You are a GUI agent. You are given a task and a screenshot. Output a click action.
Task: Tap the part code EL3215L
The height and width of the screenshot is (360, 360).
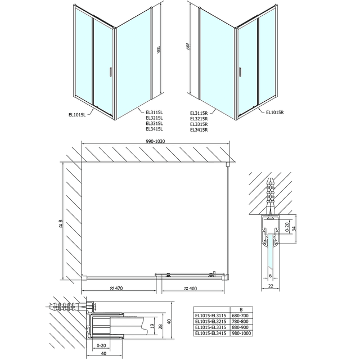pyautogui.click(x=154, y=118)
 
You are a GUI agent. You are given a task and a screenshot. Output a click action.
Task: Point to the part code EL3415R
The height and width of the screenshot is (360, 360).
pyautogui.click(x=199, y=130)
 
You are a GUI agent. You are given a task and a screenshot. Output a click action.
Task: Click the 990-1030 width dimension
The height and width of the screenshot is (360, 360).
pyautogui.click(x=155, y=141)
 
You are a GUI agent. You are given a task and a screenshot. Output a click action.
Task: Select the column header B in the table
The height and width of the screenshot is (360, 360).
pyautogui.click(x=241, y=308)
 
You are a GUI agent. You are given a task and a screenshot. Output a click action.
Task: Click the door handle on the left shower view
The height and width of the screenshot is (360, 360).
pyautogui.click(x=111, y=71)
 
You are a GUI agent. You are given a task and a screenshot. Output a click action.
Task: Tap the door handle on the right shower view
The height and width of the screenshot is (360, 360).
pyautogui.click(x=240, y=71)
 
